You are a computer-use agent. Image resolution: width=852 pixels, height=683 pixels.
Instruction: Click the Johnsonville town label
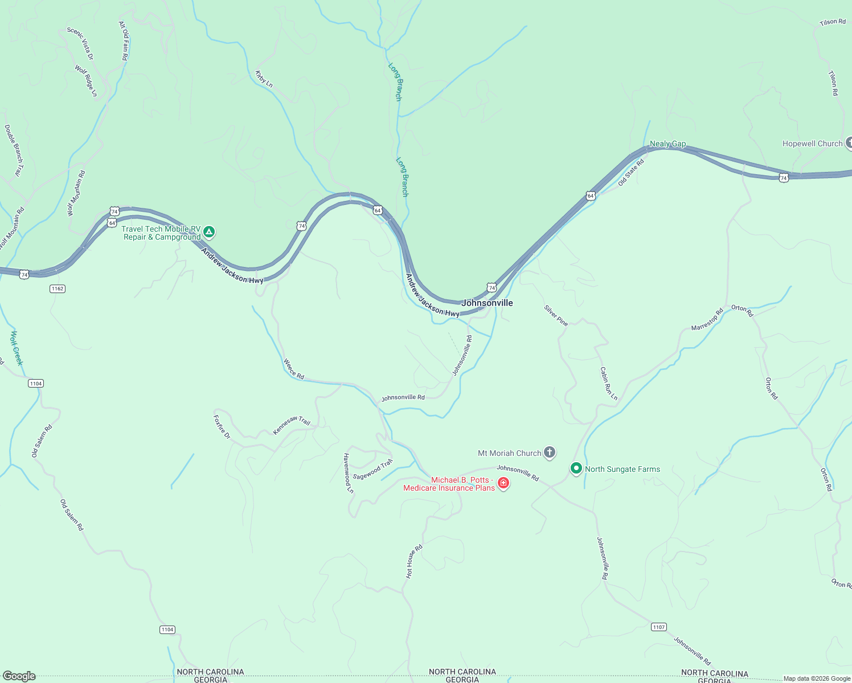(487, 303)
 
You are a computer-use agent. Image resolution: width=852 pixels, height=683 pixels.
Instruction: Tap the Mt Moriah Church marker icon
(549, 453)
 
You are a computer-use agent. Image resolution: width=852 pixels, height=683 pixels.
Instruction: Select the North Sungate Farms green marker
(576, 469)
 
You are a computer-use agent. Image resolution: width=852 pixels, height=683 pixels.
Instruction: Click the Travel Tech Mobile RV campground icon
(210, 232)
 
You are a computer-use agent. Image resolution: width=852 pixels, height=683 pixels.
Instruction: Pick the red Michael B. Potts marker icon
(503, 483)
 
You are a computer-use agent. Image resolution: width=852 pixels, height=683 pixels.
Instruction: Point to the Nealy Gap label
(667, 143)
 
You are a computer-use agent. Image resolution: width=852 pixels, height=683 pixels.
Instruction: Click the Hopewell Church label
(812, 143)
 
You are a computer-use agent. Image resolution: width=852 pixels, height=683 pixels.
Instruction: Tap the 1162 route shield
(58, 289)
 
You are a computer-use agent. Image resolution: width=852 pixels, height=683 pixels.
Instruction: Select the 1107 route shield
(658, 627)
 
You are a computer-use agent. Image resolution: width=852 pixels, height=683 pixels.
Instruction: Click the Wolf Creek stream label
(17, 348)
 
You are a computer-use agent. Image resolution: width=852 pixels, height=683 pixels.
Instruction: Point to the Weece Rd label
(294, 369)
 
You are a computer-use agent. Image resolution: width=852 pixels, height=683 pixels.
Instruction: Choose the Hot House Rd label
(413, 561)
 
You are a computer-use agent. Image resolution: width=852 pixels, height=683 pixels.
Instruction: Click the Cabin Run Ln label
(608, 383)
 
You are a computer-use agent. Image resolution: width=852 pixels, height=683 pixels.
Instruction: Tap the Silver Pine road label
(556, 315)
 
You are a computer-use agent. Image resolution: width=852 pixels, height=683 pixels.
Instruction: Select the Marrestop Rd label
(707, 319)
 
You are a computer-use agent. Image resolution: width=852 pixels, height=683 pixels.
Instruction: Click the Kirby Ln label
(264, 79)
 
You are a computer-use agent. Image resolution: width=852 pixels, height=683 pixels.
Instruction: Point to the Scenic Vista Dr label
(80, 44)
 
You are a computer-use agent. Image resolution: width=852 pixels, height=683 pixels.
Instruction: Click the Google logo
(19, 676)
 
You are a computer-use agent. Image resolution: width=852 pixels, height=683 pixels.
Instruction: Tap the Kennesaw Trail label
(291, 425)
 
